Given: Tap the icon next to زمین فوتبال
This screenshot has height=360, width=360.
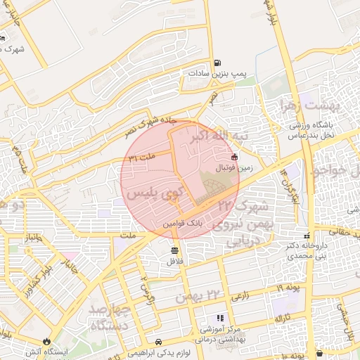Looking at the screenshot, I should (x=234, y=157).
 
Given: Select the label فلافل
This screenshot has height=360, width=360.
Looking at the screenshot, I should (x=174, y=261).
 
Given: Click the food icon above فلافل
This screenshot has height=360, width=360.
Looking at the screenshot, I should (x=174, y=250).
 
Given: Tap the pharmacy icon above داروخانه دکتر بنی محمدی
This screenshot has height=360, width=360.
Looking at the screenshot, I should (x=305, y=236).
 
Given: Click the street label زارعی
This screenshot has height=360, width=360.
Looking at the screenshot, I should (x=240, y=297).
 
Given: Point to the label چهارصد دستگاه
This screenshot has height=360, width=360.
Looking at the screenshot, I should (x=108, y=317).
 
